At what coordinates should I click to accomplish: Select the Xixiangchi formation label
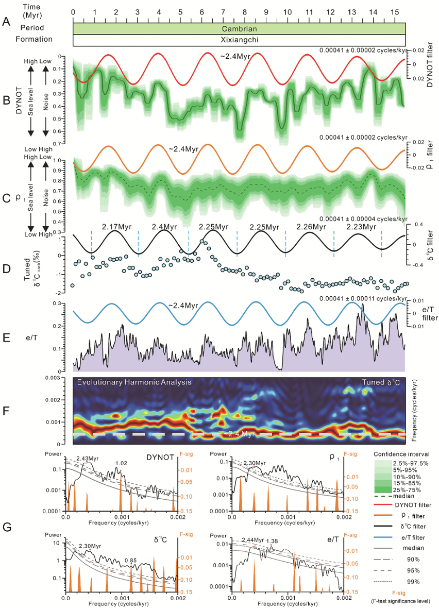coord(239,39)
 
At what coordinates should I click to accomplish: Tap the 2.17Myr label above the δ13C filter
coord(116,227)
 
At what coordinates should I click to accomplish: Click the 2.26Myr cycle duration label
coord(311,227)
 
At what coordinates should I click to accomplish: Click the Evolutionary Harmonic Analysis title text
coord(134,382)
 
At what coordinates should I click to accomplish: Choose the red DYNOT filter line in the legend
coord(383,505)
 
